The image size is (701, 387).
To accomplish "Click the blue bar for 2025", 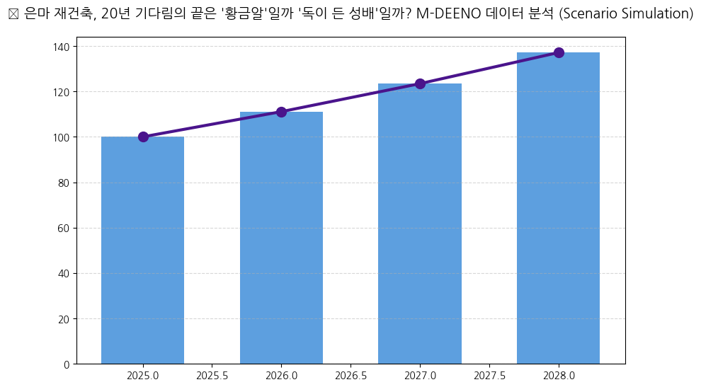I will (x=142, y=250).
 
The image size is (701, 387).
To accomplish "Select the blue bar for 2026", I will (x=281, y=238).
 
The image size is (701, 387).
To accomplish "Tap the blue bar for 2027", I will (x=420, y=224).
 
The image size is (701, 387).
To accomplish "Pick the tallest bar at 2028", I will (x=558, y=208).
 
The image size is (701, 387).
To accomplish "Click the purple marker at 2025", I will (x=143, y=137).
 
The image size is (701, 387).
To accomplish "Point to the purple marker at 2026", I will (x=281, y=112).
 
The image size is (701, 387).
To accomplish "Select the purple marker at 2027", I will (x=420, y=83).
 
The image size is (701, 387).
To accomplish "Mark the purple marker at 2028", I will (x=559, y=52).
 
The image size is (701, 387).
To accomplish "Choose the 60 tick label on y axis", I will (x=64, y=228).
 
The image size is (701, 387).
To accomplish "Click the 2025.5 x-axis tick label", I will (x=212, y=375).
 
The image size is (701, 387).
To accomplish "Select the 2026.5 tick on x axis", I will (x=350, y=375).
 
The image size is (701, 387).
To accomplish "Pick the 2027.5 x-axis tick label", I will (x=489, y=375).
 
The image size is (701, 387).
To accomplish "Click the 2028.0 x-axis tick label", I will (x=559, y=375).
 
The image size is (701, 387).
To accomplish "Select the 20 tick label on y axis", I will (x=64, y=319).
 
